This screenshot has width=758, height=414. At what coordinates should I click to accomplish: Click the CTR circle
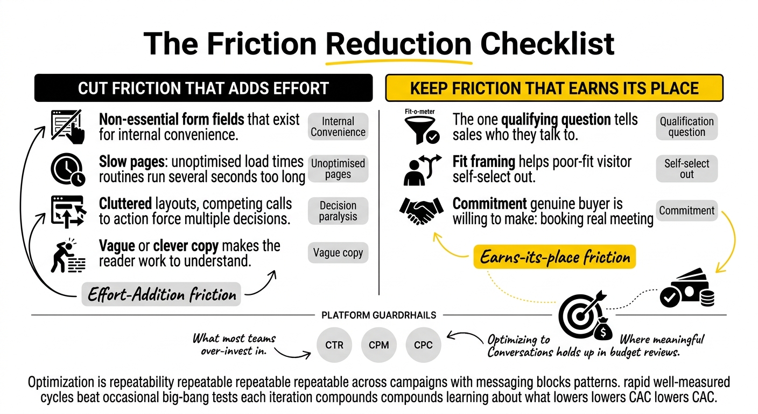coord(334,345)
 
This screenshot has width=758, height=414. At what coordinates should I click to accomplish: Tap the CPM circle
coord(378,345)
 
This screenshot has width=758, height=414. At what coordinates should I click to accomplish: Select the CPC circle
coord(423,345)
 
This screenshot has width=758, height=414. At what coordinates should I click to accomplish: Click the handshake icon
coord(422,210)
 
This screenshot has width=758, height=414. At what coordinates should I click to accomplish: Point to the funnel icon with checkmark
coord(422,130)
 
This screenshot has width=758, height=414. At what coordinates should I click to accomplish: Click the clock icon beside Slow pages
coord(68,169)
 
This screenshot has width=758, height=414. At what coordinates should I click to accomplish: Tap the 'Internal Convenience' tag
coord(338,126)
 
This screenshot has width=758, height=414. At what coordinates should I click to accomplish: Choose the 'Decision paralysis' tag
coord(338,211)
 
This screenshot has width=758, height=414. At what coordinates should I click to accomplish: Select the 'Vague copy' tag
coord(338,252)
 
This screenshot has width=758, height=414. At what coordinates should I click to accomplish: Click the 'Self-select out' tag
coord(686,169)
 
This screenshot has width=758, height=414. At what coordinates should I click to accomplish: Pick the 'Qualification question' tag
coord(686,126)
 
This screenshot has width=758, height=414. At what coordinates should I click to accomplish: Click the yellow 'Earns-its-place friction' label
coord(555,257)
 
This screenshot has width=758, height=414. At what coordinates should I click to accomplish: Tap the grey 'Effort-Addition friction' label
coord(162,294)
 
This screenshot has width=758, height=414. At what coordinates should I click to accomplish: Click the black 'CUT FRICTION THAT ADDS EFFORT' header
coord(203,88)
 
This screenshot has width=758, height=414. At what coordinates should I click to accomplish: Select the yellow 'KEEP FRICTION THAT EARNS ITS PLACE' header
coord(555,88)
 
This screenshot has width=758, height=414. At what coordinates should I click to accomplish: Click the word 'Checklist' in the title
coord(547,44)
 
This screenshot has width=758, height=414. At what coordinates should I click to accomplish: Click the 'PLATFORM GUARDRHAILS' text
coord(378,315)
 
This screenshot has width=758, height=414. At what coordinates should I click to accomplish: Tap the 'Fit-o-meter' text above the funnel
coord(419,112)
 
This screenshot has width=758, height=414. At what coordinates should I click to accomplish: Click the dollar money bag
coord(603,329)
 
